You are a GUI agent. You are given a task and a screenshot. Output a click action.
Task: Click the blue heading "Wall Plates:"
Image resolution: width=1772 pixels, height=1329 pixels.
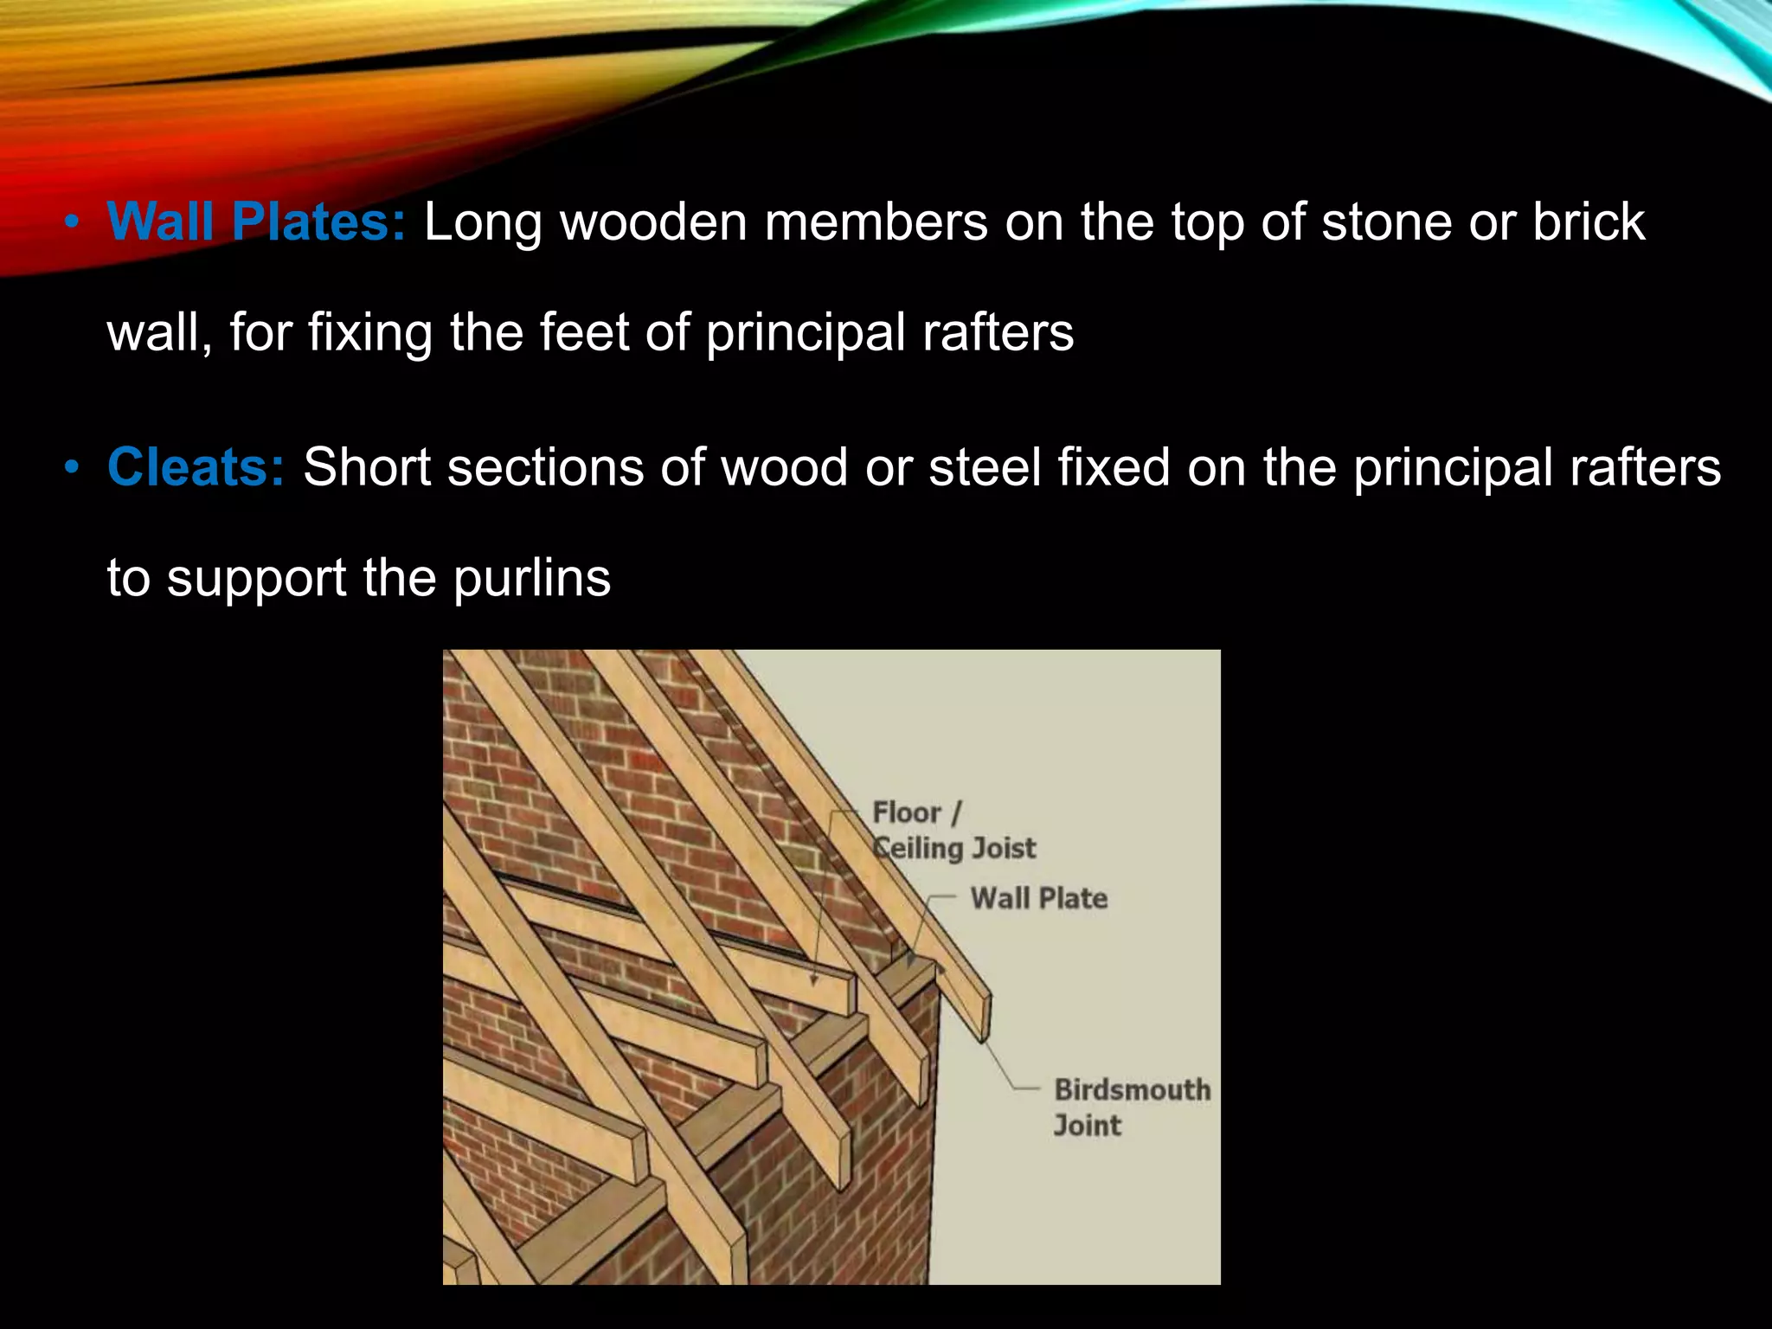[x=256, y=221]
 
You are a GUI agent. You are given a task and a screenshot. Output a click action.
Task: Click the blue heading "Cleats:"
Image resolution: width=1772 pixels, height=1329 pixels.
[x=196, y=467]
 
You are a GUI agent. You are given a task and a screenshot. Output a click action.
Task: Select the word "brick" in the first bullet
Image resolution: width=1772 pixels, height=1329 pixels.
[x=1589, y=221]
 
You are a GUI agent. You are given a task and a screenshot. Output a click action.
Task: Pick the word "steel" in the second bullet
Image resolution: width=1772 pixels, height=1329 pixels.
[x=984, y=467]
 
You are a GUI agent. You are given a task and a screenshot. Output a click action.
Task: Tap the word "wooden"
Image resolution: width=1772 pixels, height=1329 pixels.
[x=653, y=221]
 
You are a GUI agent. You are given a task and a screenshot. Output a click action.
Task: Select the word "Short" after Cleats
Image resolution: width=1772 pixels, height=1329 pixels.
[x=366, y=467]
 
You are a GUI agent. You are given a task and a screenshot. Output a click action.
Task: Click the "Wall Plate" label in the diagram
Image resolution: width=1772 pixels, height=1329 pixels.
[x=1038, y=898]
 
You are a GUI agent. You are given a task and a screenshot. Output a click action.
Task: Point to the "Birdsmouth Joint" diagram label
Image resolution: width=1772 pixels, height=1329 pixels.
[x=1131, y=1107]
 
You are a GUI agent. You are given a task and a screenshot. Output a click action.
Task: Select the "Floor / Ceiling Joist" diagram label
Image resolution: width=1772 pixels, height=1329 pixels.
[x=952, y=831]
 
